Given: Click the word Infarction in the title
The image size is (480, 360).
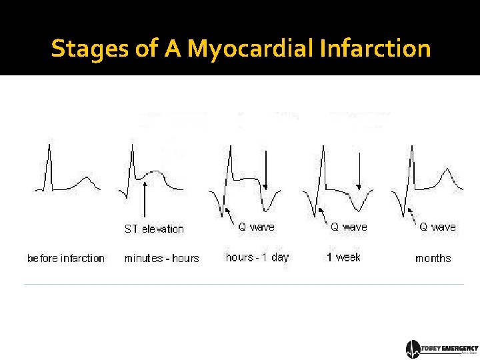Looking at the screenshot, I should (x=375, y=49).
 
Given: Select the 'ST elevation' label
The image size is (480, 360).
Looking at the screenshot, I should (x=154, y=229).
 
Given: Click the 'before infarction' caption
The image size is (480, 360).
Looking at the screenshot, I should (x=66, y=258).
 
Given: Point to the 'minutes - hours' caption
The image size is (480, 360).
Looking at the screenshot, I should (x=161, y=258).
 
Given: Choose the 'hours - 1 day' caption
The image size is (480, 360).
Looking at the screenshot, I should (x=257, y=257).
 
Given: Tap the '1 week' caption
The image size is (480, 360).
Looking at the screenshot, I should (x=343, y=257).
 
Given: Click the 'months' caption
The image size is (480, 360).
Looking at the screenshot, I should (x=433, y=258).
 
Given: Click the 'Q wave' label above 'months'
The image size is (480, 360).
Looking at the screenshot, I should (x=437, y=227).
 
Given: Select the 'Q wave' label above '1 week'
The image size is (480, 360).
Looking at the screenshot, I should (x=349, y=227).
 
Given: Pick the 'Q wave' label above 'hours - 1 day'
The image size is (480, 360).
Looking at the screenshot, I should (x=256, y=227).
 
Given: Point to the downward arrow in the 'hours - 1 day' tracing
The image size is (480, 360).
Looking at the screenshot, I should (x=266, y=170).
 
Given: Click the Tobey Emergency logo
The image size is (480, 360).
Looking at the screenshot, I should (x=442, y=349).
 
